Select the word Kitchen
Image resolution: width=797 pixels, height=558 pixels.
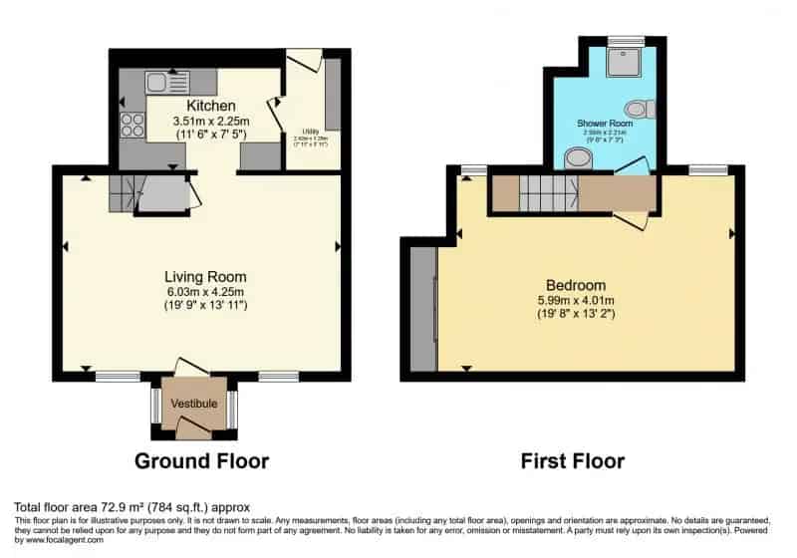pyautogui.click(x=210, y=106)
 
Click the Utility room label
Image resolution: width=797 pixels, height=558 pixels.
pyautogui.click(x=310, y=131)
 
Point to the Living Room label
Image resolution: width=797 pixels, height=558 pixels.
pyautogui.click(x=205, y=276)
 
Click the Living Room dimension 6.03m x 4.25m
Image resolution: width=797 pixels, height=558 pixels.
pyautogui.click(x=205, y=291)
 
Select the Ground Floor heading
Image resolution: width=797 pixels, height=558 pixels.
pyautogui.click(x=201, y=461)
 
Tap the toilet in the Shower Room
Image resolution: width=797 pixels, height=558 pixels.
pyautogui.click(x=636, y=109)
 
